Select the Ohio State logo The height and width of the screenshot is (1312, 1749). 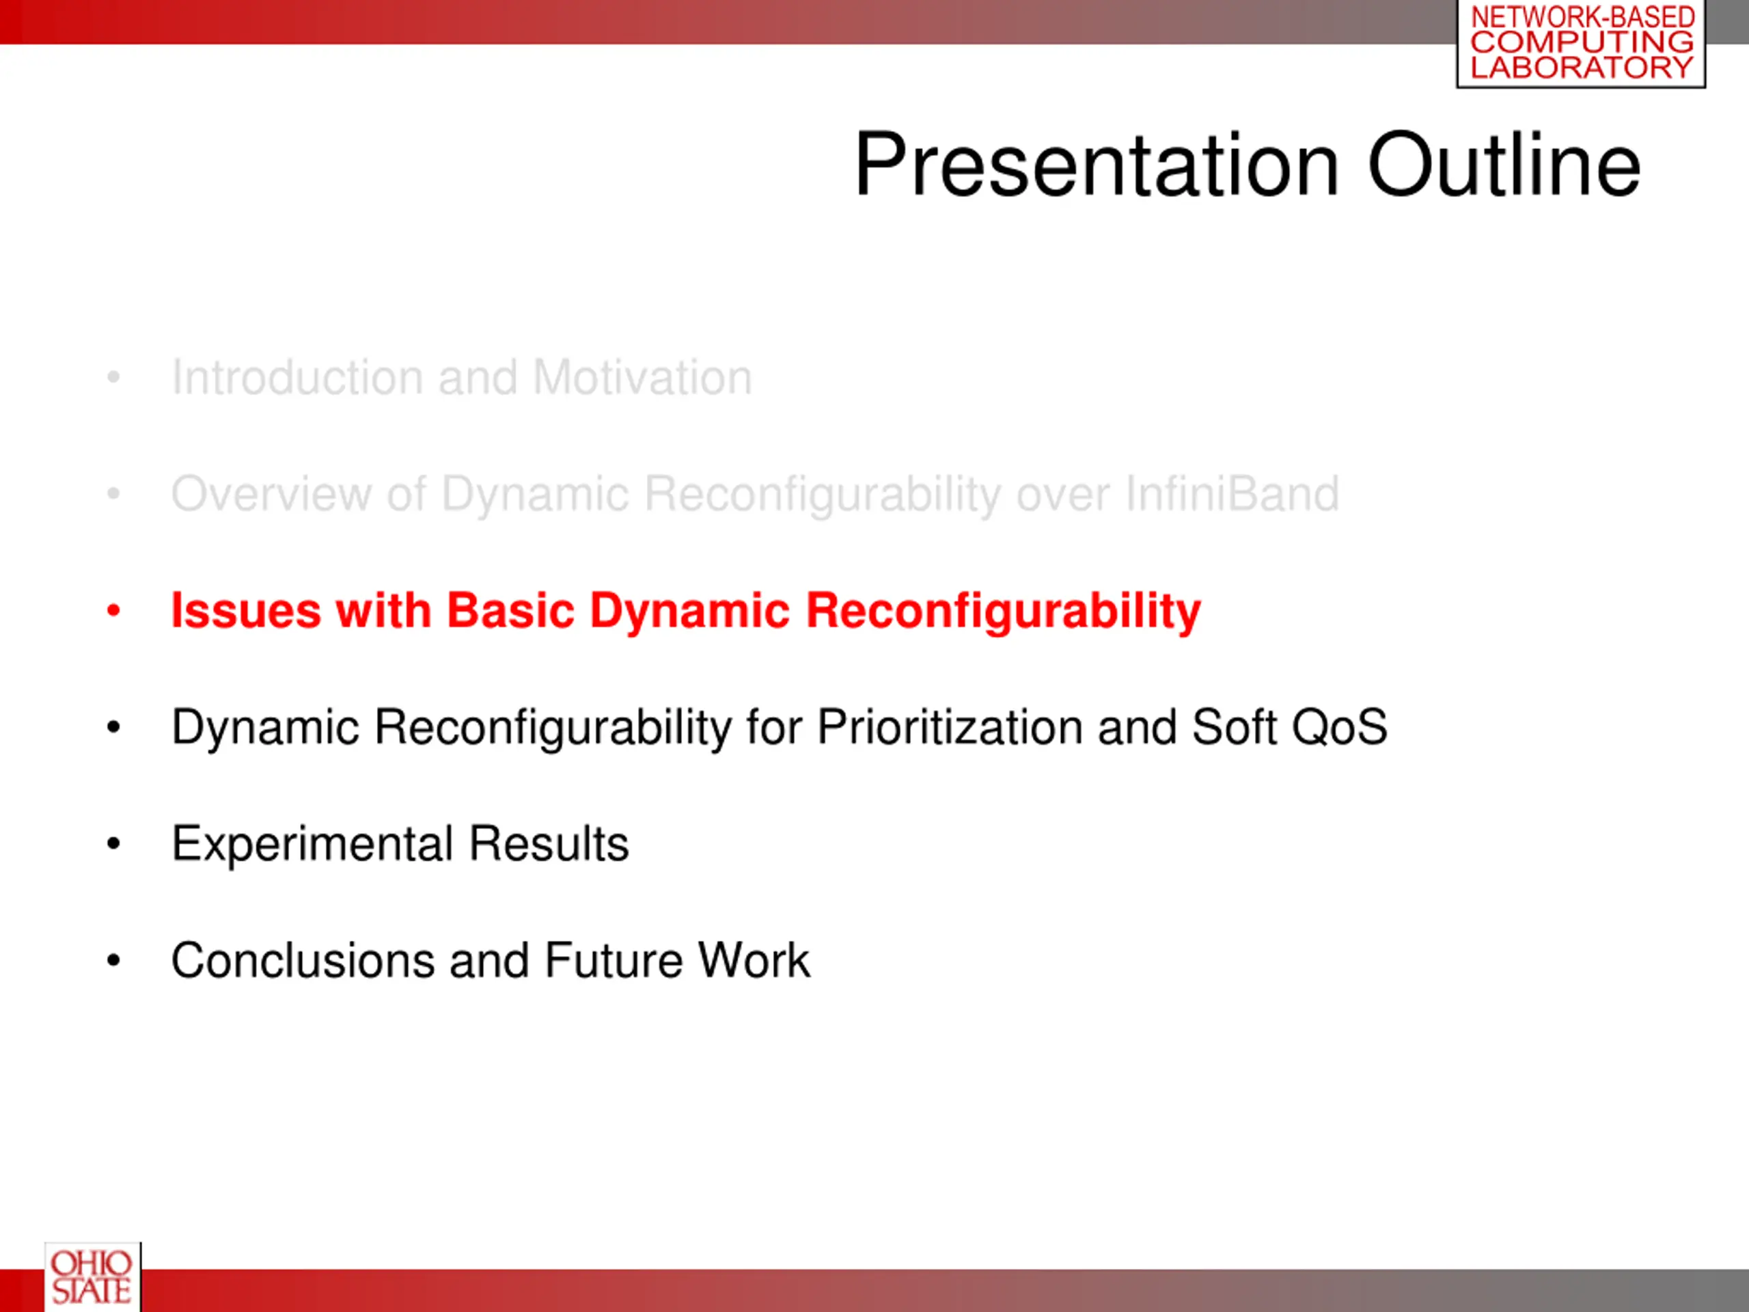[x=92, y=1276]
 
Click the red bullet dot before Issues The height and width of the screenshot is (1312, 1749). [x=114, y=610]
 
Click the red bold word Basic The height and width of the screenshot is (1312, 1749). [x=510, y=610]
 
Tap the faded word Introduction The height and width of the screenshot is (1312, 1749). [x=297, y=377]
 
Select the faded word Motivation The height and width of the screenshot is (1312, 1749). [x=642, y=377]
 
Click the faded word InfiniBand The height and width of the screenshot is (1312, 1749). [x=1232, y=493]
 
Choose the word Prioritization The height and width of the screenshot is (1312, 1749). [x=950, y=727]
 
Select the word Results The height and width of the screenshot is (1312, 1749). [x=549, y=844]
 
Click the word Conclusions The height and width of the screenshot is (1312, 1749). [x=303, y=961]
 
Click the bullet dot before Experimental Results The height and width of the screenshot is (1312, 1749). [x=114, y=844]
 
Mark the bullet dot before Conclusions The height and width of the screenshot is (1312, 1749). [x=114, y=961]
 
